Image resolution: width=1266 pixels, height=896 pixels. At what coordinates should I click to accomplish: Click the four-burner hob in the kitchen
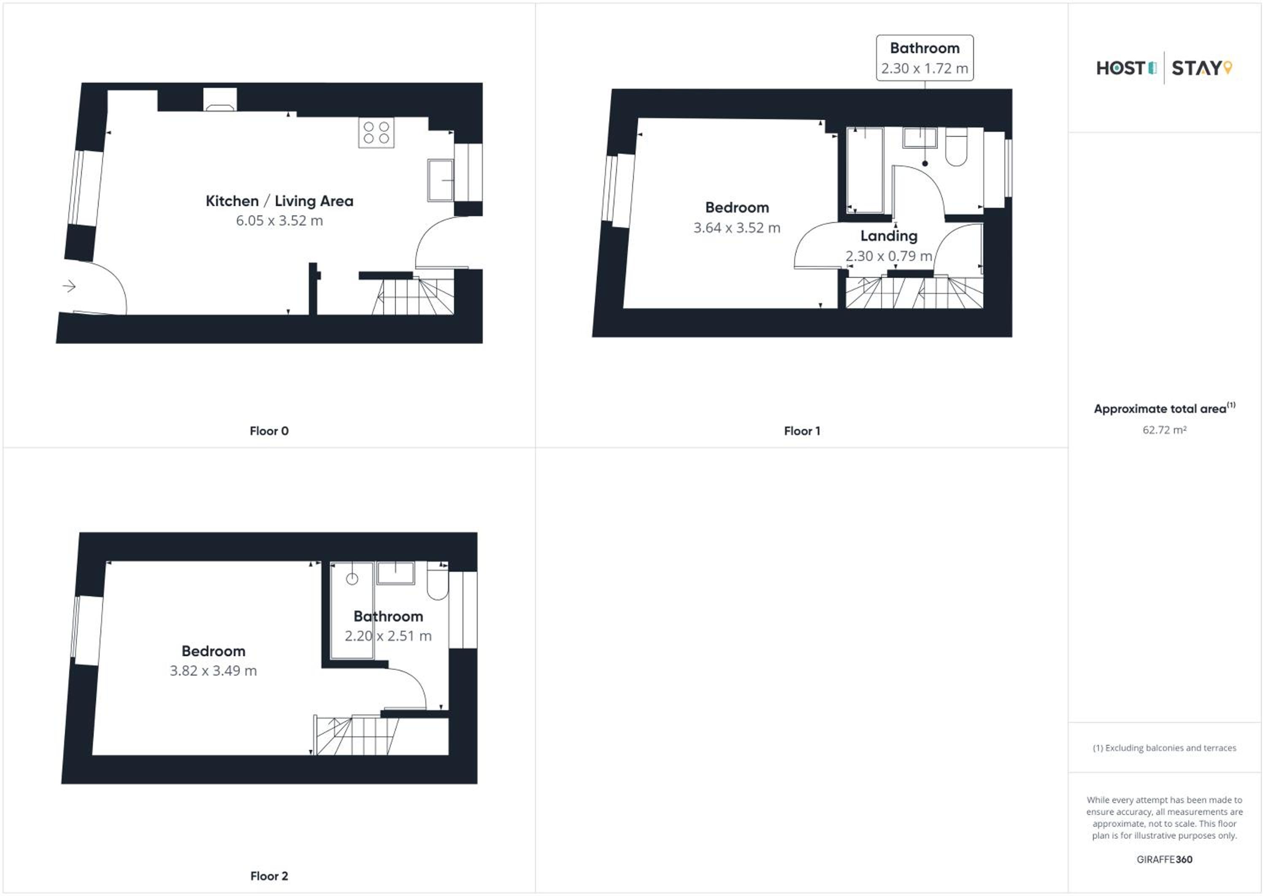click(x=376, y=133)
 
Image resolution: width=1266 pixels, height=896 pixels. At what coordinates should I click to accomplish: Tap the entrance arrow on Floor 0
click(x=69, y=286)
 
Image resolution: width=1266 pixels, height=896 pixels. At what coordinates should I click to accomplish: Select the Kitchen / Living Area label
click(x=279, y=201)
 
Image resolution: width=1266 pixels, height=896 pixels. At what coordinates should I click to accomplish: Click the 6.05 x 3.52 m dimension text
click(x=279, y=221)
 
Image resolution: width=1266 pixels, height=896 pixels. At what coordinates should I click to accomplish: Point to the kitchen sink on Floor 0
click(x=440, y=180)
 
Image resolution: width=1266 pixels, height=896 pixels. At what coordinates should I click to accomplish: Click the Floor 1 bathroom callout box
click(x=925, y=58)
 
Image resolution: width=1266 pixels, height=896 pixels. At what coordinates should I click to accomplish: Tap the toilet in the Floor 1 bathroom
click(x=956, y=147)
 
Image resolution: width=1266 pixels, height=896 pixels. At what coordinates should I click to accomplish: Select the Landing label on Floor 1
click(x=889, y=236)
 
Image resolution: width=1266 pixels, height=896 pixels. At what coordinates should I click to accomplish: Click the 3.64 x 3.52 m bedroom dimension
click(x=737, y=228)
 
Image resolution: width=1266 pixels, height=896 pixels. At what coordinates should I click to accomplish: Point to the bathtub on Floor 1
click(x=865, y=170)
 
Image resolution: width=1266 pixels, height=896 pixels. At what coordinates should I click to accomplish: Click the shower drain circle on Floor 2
click(x=352, y=579)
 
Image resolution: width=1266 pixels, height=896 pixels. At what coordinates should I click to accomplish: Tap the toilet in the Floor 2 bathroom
click(x=438, y=581)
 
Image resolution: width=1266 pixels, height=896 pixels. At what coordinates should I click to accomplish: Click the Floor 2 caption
click(x=269, y=876)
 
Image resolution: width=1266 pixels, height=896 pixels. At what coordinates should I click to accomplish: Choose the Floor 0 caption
click(x=269, y=431)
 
